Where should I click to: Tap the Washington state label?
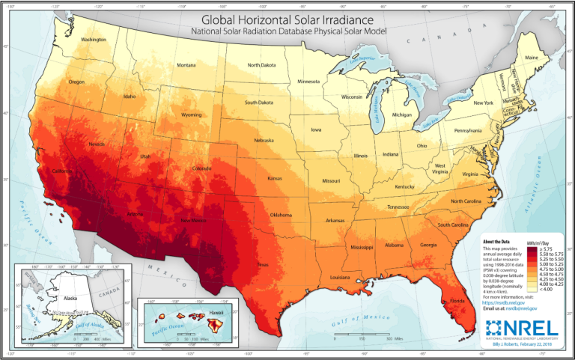pos(93,39)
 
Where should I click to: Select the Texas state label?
pos(263,264)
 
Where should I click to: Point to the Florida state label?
pos(454,300)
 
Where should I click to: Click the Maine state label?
pos(532,58)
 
